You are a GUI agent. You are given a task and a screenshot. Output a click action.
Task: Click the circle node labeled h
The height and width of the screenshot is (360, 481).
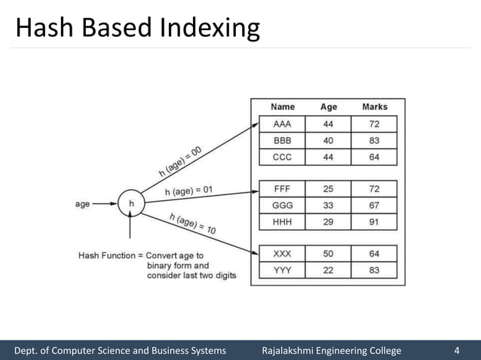(131, 203)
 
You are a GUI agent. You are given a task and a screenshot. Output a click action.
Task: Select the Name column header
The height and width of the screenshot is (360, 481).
(283, 107)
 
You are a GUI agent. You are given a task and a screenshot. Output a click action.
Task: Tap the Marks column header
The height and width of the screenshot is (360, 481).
(375, 107)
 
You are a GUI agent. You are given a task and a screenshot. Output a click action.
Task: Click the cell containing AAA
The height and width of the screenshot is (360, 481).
(283, 124)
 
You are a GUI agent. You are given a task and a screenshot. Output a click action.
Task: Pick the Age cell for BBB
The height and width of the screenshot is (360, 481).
(329, 141)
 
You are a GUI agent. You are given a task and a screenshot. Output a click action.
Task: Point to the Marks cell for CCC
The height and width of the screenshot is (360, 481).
(375, 158)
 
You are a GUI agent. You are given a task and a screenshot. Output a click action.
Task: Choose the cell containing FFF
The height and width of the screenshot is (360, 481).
(283, 188)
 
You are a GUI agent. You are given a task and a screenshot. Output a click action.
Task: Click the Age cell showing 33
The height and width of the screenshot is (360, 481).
(329, 205)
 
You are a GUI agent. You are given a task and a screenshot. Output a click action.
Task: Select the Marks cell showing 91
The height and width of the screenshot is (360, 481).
(375, 222)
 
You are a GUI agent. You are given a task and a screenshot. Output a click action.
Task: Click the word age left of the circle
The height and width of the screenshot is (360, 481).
(83, 203)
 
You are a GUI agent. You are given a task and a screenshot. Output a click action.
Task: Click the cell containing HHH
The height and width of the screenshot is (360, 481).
(283, 222)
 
